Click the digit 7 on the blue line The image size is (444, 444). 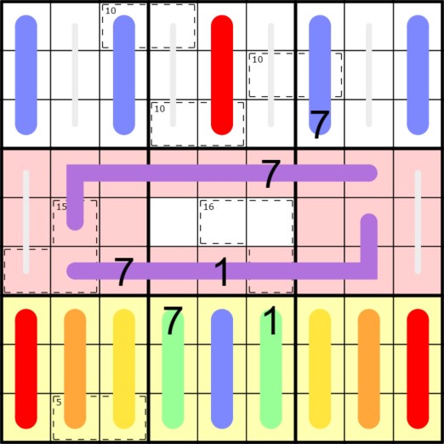(320, 124)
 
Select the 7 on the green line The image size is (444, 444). (173, 321)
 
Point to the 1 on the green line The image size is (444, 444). (270, 321)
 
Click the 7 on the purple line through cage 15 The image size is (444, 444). (270, 174)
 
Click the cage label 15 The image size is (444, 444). (61, 207)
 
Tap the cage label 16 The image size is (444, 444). (208, 207)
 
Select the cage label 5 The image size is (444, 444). (59, 402)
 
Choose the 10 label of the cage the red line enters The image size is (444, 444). (160, 109)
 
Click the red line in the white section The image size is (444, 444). (222, 75)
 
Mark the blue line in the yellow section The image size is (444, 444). (222, 368)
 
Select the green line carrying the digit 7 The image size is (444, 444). (173, 368)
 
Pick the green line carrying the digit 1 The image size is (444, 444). (270, 368)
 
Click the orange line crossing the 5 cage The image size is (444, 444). (75, 368)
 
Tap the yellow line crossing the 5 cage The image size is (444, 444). (124, 368)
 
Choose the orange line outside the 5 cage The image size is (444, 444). (369, 368)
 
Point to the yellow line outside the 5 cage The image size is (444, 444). (320, 368)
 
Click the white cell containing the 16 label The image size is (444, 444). (222, 222)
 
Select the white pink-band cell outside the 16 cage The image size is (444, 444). (174, 222)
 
